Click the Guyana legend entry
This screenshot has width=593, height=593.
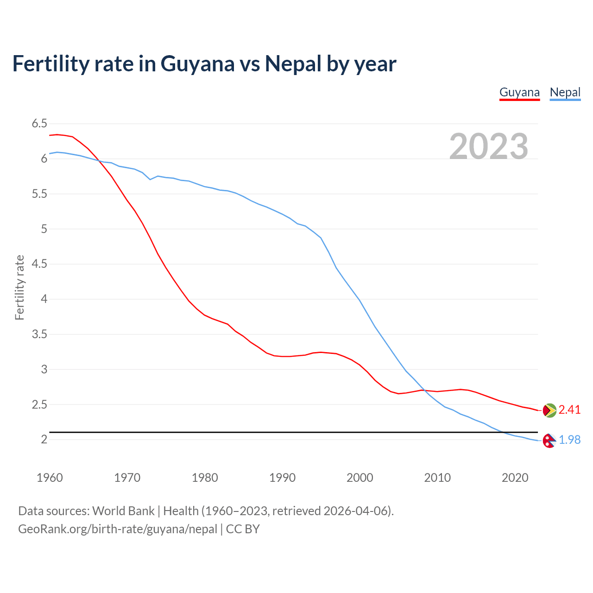[519, 93]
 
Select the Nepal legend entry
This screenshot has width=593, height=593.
[565, 93]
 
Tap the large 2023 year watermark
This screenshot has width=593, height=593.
[489, 146]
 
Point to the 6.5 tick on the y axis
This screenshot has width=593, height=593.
[39, 124]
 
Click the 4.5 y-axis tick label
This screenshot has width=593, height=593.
[39, 264]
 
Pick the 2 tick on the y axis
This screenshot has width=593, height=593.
[44, 440]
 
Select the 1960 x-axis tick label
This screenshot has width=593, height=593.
[50, 478]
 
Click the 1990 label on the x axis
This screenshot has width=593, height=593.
[282, 478]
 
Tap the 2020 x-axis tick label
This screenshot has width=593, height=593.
[515, 478]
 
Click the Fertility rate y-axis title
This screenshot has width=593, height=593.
[19, 287]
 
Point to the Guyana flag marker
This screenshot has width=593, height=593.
[549, 410]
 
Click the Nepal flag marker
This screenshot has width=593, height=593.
[549, 441]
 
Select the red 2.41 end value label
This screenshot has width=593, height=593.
[569, 410]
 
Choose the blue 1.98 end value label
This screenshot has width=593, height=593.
[569, 440]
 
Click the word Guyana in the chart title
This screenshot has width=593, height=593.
[197, 64]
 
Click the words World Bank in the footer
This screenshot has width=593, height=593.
[123, 511]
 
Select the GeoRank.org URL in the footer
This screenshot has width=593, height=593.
[117, 529]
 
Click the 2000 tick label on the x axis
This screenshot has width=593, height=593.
[360, 478]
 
